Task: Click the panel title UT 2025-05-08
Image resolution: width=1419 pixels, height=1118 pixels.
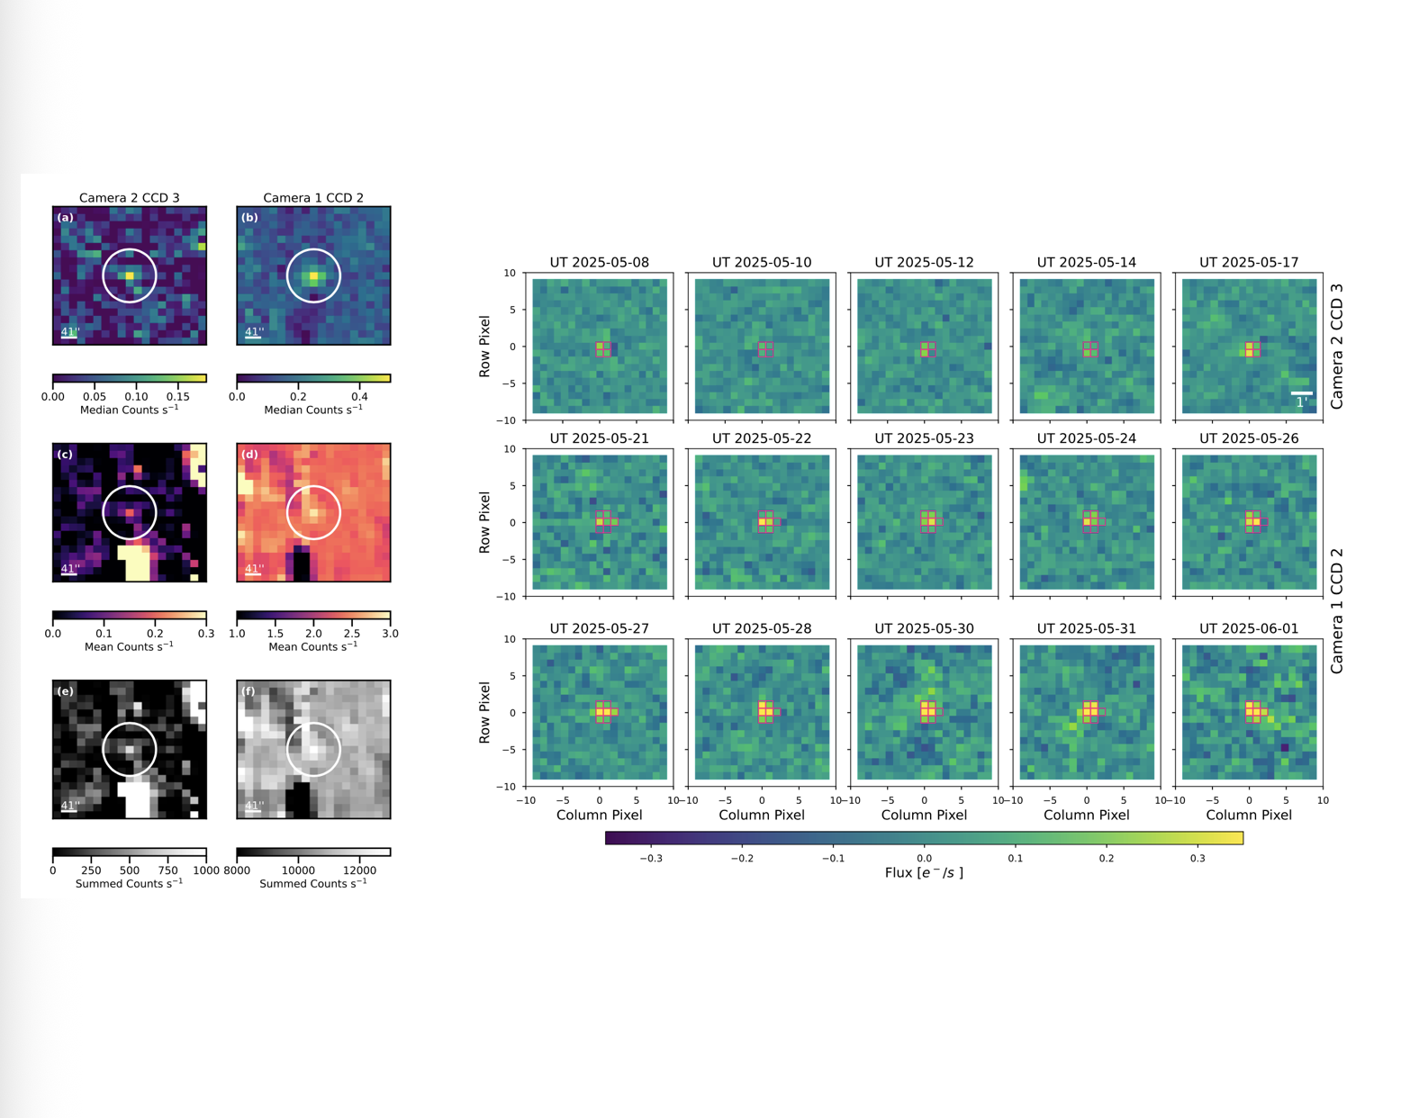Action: (599, 262)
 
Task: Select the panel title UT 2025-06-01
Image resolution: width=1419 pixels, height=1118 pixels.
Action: (1248, 628)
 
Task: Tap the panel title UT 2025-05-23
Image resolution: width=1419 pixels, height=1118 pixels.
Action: (924, 438)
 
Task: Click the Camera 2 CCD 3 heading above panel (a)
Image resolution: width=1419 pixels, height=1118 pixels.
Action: (129, 197)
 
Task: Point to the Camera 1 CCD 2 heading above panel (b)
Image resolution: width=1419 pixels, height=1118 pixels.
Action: (313, 197)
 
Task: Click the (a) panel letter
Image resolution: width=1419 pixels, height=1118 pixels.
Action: (65, 218)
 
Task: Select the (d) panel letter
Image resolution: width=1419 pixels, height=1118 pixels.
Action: (249, 455)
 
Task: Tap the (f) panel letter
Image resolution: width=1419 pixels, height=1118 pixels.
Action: (249, 691)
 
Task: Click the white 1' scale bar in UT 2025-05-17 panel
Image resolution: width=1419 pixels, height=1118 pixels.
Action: (1301, 393)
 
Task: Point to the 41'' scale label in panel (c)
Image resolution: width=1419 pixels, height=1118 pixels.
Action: (69, 569)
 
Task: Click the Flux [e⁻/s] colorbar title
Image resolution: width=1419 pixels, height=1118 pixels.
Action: (924, 872)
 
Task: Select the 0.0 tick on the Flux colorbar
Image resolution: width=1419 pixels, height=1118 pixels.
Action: (924, 858)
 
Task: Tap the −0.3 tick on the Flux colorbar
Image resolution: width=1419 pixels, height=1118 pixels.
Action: (650, 858)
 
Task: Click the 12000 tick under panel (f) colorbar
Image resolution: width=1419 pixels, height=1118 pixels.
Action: (359, 870)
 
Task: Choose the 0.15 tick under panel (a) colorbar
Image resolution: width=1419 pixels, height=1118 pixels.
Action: (178, 396)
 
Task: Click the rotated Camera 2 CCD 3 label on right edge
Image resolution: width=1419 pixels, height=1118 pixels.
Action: (1336, 347)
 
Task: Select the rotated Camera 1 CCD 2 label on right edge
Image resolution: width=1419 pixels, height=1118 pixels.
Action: (1336, 611)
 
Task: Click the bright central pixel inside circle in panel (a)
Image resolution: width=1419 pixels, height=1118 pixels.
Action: (130, 275)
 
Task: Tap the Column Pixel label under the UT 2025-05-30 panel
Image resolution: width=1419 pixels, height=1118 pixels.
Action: (924, 815)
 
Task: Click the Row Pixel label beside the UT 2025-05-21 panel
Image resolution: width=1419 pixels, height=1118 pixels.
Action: (484, 522)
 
